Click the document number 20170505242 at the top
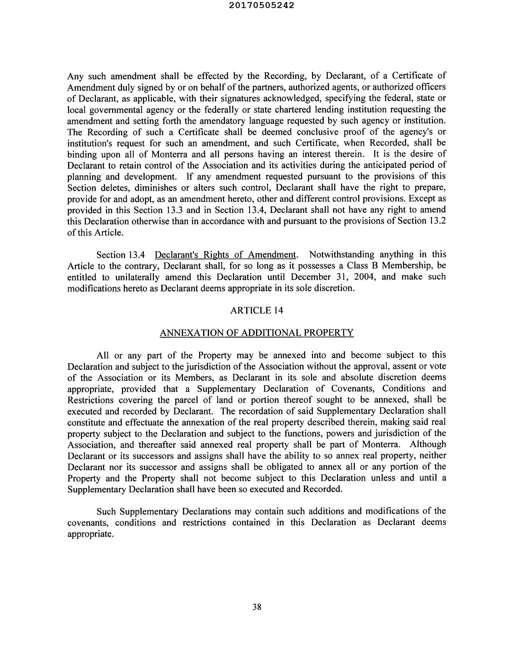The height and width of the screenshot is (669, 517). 261,5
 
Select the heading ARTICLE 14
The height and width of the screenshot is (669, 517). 257,311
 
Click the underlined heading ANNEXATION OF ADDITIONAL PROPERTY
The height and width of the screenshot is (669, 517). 257,333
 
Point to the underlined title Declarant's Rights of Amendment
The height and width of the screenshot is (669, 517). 225,255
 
